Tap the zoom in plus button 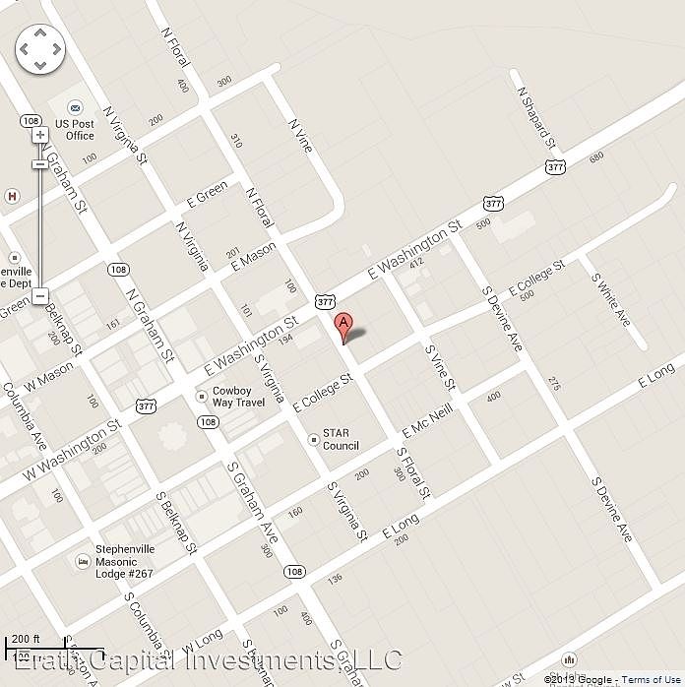tap(39, 135)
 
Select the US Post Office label tap(75, 130)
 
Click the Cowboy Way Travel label tap(238, 396)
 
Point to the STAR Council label tap(341, 439)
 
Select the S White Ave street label tap(610, 299)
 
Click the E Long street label tap(655, 373)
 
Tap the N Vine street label tap(300, 135)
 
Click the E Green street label tap(207, 193)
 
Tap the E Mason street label tap(252, 254)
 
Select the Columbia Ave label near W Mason tap(25, 411)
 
